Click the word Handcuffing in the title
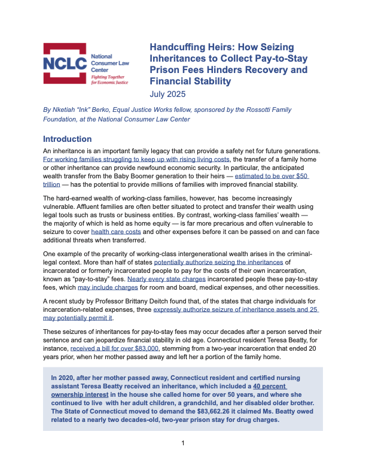[178, 47]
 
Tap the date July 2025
[167, 94]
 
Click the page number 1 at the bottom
[183, 460]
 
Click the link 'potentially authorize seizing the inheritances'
[219, 263]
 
